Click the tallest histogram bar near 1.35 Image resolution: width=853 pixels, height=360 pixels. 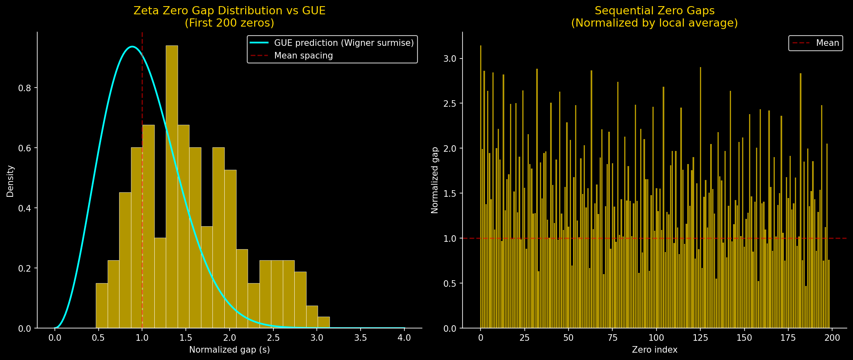tap(172, 188)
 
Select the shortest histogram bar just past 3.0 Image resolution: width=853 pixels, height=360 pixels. tap(323, 323)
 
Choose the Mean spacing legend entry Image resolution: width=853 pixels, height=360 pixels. tap(303, 56)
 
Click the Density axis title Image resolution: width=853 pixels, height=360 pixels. tap(10, 181)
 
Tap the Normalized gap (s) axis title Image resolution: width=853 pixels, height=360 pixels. tap(229, 350)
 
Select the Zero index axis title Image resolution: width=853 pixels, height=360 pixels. tap(654, 350)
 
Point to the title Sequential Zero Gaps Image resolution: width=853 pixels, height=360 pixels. tap(654, 11)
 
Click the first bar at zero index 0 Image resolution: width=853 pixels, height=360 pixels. tap(481, 188)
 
